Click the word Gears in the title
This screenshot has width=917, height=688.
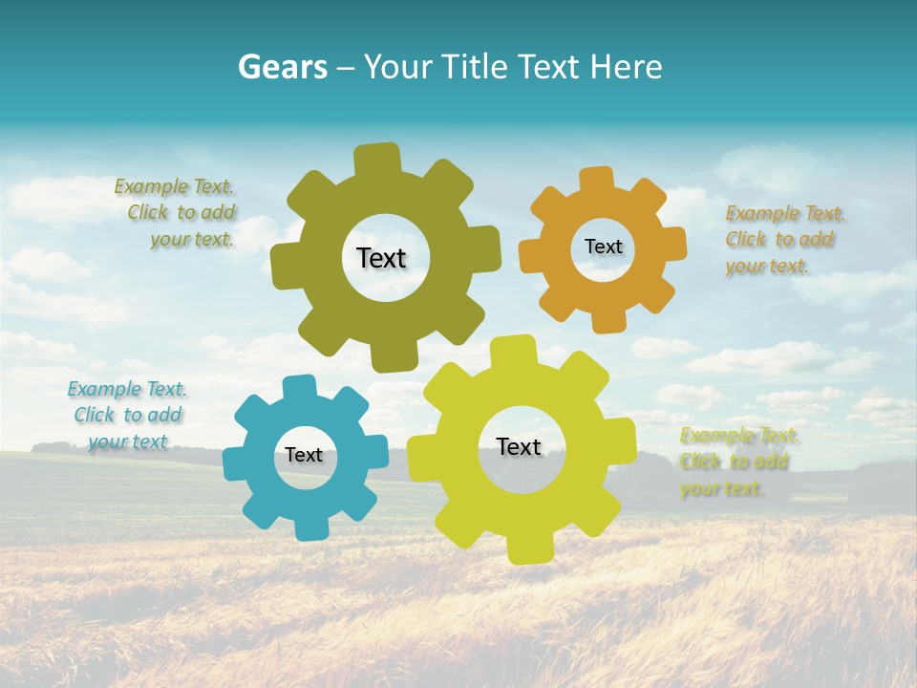point(282,67)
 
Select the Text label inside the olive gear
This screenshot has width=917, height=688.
point(381,258)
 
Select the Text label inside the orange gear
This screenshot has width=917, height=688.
point(603,247)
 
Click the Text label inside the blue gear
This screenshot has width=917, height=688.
point(304,455)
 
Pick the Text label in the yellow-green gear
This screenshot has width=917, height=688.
point(519,446)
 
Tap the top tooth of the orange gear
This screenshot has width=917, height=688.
point(597,180)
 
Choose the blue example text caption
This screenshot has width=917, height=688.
point(126,415)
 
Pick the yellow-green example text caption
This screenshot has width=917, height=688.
point(737,462)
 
